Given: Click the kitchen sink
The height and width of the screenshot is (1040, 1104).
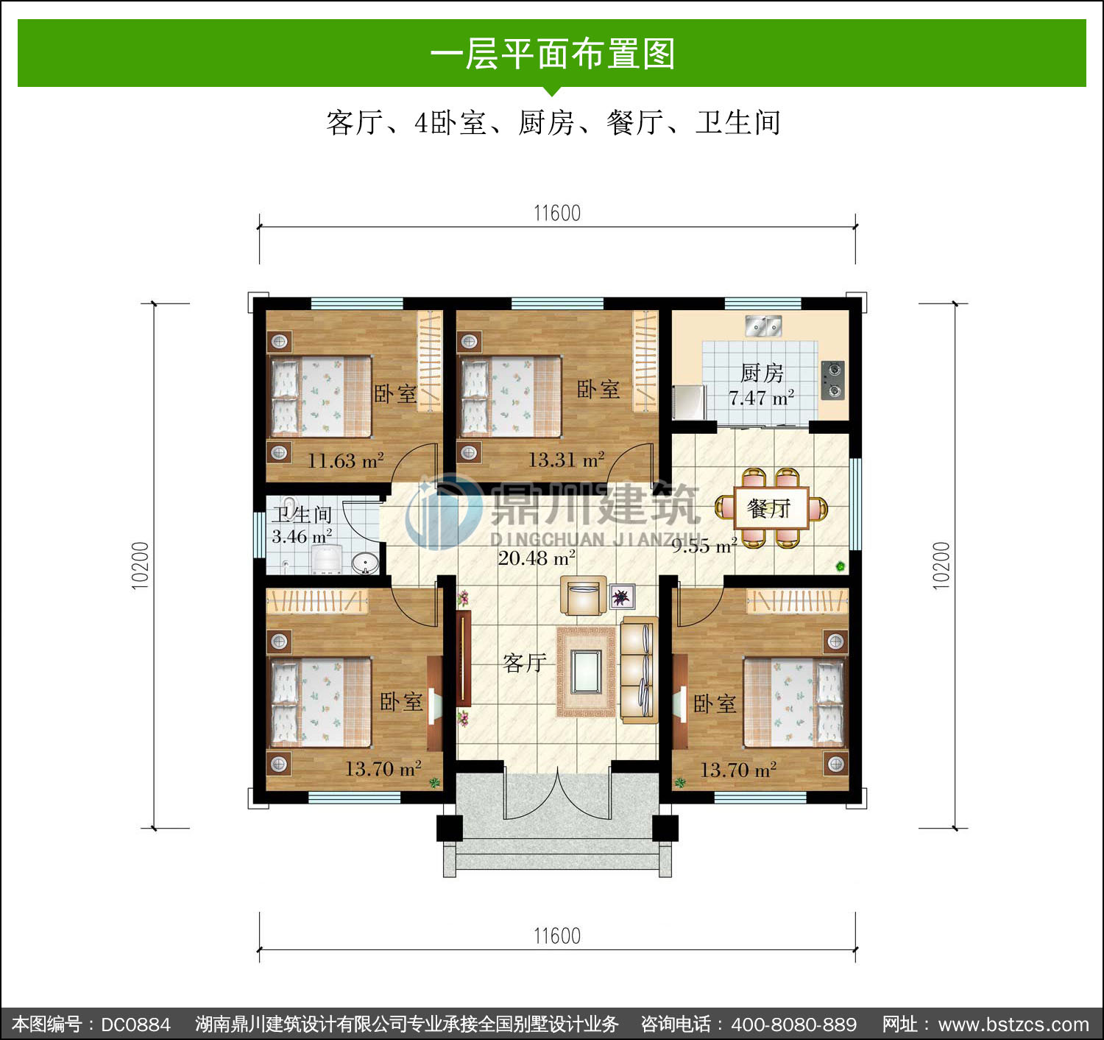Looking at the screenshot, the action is pyautogui.click(x=763, y=326).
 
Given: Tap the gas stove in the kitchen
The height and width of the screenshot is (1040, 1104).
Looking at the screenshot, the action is pyautogui.click(x=832, y=380).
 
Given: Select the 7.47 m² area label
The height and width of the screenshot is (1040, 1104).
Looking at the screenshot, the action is pyautogui.click(x=761, y=398).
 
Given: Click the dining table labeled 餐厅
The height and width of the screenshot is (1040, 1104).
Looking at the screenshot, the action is pyautogui.click(x=771, y=508).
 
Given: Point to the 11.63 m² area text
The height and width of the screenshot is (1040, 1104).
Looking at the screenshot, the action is pyautogui.click(x=345, y=461).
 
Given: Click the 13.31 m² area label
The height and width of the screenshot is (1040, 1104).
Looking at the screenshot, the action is pyautogui.click(x=566, y=460).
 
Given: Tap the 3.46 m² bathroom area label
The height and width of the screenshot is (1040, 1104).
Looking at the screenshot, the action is pyautogui.click(x=302, y=536).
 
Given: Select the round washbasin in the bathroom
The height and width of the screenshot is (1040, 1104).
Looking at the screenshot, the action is pyautogui.click(x=365, y=563).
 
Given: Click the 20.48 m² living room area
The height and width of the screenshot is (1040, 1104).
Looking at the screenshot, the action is pyautogui.click(x=537, y=558).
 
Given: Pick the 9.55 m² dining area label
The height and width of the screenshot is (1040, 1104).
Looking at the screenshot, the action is pyautogui.click(x=704, y=546).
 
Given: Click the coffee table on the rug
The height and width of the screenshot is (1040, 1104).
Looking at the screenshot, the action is pyautogui.click(x=586, y=672).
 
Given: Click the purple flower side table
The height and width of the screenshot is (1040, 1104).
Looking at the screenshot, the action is pyautogui.click(x=622, y=597).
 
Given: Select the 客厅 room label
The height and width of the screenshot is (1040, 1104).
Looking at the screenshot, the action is pyautogui.click(x=524, y=663).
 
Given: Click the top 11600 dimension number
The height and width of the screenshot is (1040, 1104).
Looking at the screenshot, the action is pyautogui.click(x=557, y=213).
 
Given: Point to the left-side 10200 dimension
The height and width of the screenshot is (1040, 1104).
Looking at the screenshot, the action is pyautogui.click(x=140, y=566).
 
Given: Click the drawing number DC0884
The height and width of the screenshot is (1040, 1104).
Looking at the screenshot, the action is pyautogui.click(x=135, y=1024).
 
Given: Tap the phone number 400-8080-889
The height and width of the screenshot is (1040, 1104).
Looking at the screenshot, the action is pyautogui.click(x=794, y=1024).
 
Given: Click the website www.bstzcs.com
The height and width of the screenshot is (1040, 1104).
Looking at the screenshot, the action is pyautogui.click(x=1013, y=1024).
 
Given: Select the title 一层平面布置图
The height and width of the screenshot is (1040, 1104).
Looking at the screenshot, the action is pyautogui.click(x=553, y=54).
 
